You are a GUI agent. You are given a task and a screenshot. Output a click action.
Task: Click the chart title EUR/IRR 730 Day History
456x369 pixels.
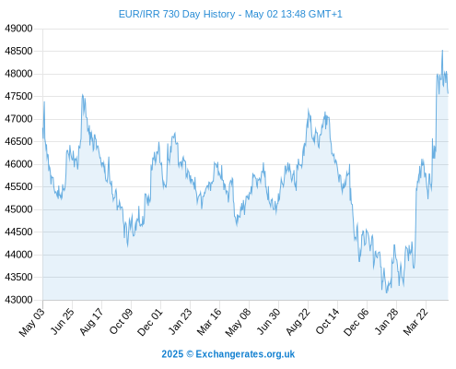tap(177, 14)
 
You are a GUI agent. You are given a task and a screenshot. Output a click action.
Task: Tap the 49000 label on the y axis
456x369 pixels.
tap(18, 29)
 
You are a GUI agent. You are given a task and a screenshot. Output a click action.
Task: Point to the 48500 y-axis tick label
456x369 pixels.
tap(18, 51)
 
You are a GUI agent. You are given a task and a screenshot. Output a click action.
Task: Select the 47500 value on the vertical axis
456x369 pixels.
tap(18, 96)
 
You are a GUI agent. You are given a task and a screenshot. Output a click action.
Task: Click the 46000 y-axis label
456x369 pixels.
tap(18, 164)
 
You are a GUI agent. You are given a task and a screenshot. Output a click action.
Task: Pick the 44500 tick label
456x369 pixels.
tap(18, 232)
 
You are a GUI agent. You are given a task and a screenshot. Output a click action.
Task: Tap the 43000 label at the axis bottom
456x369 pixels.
tap(18, 300)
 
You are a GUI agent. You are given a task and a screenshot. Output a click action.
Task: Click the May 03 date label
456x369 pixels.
tap(32, 322)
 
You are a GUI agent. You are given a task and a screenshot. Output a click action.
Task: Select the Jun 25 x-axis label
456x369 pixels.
tap(63, 321)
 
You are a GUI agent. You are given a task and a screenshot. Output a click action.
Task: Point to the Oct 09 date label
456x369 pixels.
tap(122, 321)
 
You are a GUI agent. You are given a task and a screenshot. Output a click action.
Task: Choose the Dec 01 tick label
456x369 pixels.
tap(150, 322)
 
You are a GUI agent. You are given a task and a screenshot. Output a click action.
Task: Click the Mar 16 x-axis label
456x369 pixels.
tap(209, 322)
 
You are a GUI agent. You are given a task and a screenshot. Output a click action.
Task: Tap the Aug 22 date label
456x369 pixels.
tap(298, 322)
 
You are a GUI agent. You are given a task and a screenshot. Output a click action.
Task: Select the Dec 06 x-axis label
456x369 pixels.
tap(357, 322)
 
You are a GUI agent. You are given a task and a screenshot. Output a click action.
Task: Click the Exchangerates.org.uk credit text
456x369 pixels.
tap(245, 354)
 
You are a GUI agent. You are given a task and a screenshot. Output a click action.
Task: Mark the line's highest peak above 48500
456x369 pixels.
tap(442, 50)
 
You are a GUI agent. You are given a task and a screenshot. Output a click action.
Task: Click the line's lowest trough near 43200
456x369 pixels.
tap(387, 292)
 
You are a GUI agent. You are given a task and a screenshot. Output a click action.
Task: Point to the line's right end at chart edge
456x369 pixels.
tap(448, 93)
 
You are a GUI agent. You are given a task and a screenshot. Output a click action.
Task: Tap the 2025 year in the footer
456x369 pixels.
tap(172, 354)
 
